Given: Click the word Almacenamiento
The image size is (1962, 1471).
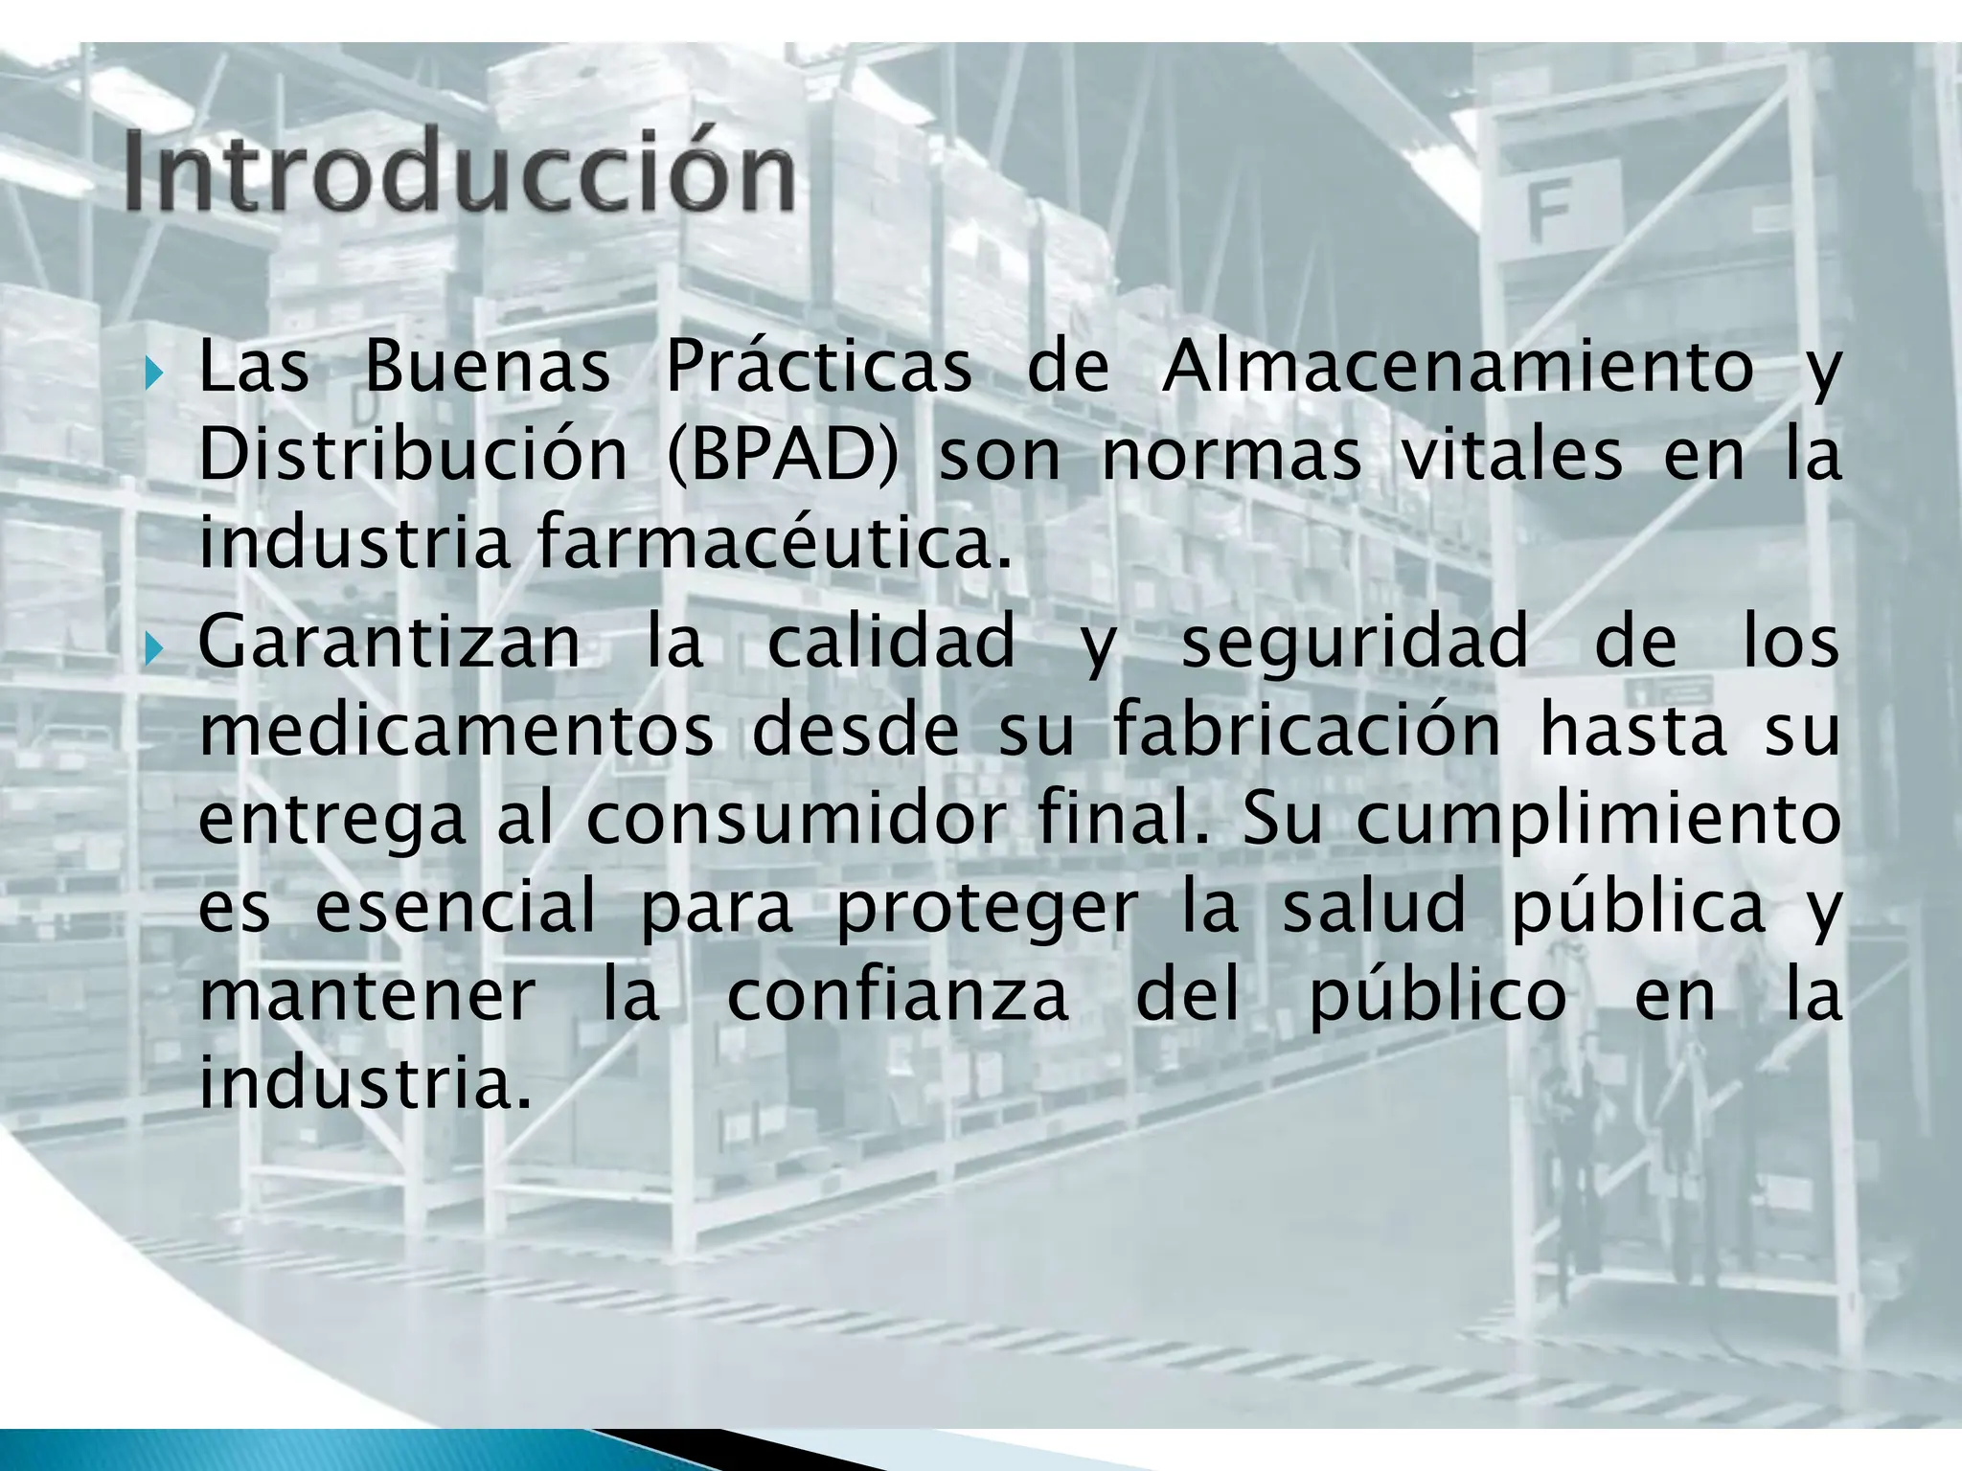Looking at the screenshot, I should [x=1457, y=367].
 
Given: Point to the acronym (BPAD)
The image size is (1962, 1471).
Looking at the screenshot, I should [x=783, y=456].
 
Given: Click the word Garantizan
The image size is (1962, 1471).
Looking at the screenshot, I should [x=389, y=644].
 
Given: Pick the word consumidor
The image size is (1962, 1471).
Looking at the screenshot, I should [x=795, y=821].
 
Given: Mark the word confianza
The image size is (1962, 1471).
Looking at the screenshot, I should [x=898, y=997].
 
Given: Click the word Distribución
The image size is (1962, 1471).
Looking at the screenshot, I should [x=413, y=456].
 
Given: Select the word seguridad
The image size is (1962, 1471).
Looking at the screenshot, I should [x=1356, y=644].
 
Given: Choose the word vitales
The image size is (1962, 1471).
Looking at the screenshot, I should [x=1512, y=456].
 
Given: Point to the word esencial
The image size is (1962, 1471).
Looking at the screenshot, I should [x=455, y=908].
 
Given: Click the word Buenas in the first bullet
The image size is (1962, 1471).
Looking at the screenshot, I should [x=488, y=367].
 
